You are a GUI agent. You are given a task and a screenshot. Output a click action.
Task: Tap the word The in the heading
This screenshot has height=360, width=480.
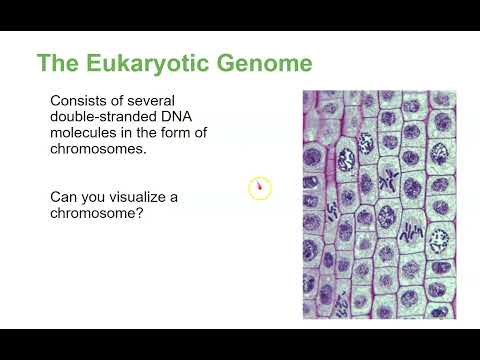click(x=58, y=64)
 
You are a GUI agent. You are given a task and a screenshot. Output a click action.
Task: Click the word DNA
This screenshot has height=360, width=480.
click(x=194, y=120)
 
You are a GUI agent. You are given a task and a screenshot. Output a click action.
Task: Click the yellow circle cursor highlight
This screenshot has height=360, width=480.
click(x=260, y=187)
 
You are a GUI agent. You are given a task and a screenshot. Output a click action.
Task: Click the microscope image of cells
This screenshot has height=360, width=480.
click(x=379, y=204)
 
